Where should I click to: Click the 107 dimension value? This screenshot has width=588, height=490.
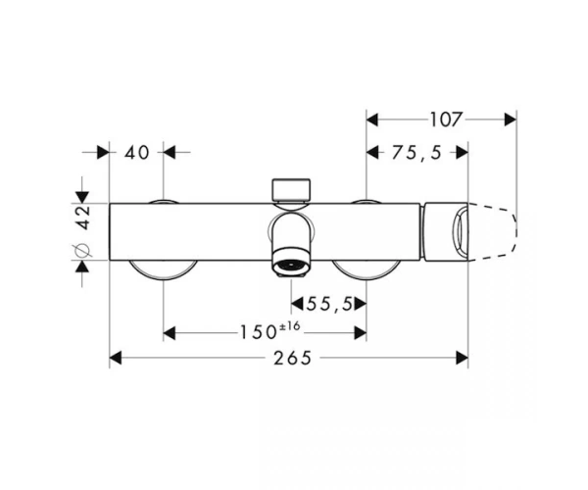(x=445, y=120)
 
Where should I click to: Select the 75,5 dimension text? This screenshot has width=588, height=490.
(x=417, y=153)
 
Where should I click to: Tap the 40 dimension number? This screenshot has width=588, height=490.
(x=137, y=153)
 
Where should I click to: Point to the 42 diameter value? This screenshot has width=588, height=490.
(x=83, y=217)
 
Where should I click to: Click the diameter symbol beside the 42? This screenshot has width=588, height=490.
(x=83, y=251)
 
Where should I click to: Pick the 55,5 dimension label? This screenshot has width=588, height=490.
(x=330, y=304)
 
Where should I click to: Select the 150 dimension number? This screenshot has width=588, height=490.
(x=258, y=332)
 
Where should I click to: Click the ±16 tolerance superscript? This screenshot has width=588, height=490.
(x=289, y=326)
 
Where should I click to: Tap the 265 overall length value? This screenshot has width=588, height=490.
(x=292, y=358)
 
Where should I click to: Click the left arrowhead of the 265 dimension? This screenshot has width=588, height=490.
(x=115, y=358)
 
